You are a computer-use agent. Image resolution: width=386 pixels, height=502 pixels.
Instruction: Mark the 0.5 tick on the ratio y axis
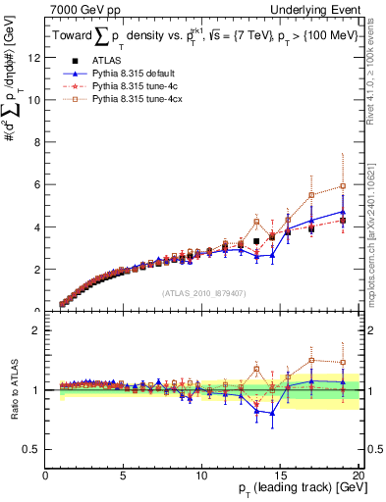coord(33,449)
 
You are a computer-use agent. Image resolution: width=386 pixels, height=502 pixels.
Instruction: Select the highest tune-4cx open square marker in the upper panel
coord(342,185)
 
